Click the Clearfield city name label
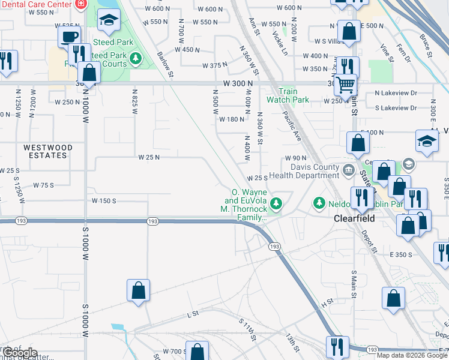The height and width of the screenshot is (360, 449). (354, 218)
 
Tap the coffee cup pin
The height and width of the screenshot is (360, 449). (70, 36)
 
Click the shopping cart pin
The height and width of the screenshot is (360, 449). (345, 85)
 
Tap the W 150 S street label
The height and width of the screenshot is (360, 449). (103, 200)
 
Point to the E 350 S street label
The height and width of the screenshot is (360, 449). (402, 254)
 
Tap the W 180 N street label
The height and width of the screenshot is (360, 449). (231, 119)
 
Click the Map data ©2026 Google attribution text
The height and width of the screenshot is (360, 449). (412, 355)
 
